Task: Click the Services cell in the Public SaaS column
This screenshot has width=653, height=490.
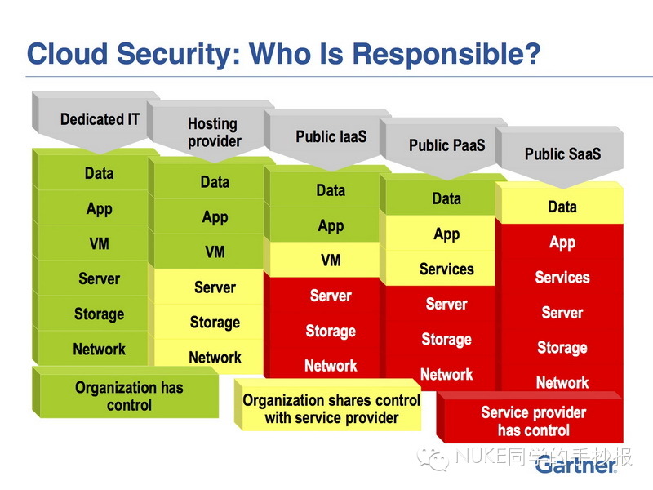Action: pyautogui.click(x=562, y=277)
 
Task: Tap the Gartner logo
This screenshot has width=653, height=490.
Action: pyautogui.click(x=576, y=465)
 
